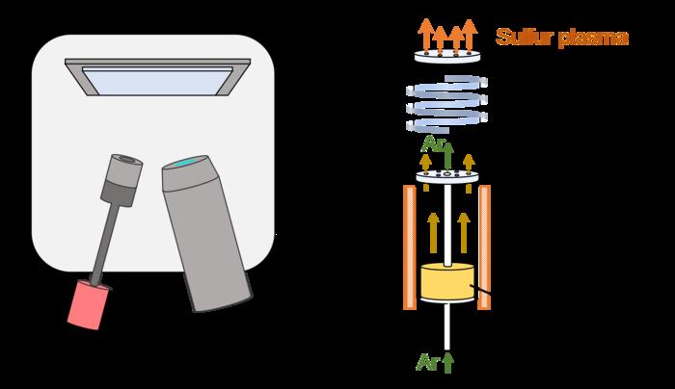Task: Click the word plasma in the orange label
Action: (x=593, y=39)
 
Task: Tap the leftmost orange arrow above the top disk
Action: (x=426, y=36)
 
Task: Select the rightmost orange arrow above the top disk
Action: (x=470, y=36)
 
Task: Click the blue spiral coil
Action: (x=446, y=104)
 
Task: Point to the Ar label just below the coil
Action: (x=432, y=144)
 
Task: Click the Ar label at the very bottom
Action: (x=427, y=362)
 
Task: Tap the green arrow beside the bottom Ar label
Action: (x=448, y=363)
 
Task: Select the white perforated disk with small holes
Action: (x=447, y=176)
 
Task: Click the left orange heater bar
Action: (x=410, y=247)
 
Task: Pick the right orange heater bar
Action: (x=484, y=247)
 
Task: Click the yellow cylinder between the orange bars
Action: (x=447, y=281)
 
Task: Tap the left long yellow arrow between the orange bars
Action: (x=433, y=233)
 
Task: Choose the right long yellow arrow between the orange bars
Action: (x=464, y=233)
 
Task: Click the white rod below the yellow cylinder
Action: (x=447, y=326)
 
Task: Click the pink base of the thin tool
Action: (x=88, y=305)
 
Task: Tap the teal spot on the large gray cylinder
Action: (x=186, y=163)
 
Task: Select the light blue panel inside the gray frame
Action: (x=157, y=81)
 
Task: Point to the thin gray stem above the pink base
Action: (x=105, y=244)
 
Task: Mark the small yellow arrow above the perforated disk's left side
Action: (x=426, y=163)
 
